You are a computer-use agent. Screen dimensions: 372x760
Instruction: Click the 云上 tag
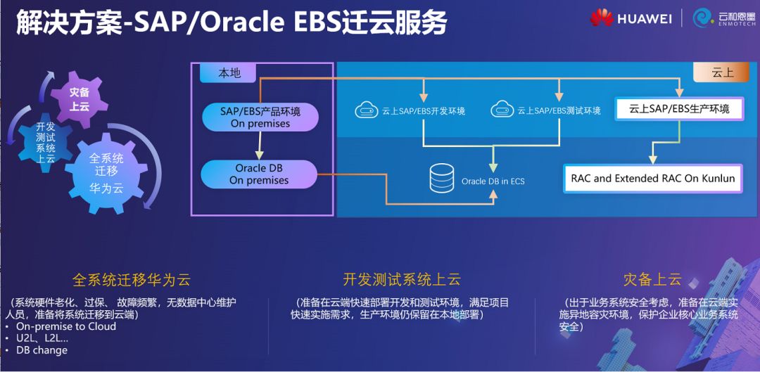(722, 72)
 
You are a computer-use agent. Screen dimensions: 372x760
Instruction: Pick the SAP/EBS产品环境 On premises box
(260, 117)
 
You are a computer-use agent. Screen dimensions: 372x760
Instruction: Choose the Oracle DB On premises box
(259, 174)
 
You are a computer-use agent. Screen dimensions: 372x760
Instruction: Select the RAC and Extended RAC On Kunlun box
(652, 179)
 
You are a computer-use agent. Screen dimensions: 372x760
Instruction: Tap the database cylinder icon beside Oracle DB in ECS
(442, 179)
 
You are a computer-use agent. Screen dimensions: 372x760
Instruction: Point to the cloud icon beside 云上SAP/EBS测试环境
(502, 110)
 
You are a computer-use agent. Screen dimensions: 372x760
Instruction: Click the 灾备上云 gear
(79, 99)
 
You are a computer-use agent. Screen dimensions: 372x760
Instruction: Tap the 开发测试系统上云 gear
(46, 142)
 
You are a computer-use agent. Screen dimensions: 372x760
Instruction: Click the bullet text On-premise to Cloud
(66, 326)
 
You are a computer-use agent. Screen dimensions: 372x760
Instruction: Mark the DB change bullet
(42, 350)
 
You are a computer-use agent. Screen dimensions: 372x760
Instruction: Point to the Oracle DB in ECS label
(493, 181)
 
